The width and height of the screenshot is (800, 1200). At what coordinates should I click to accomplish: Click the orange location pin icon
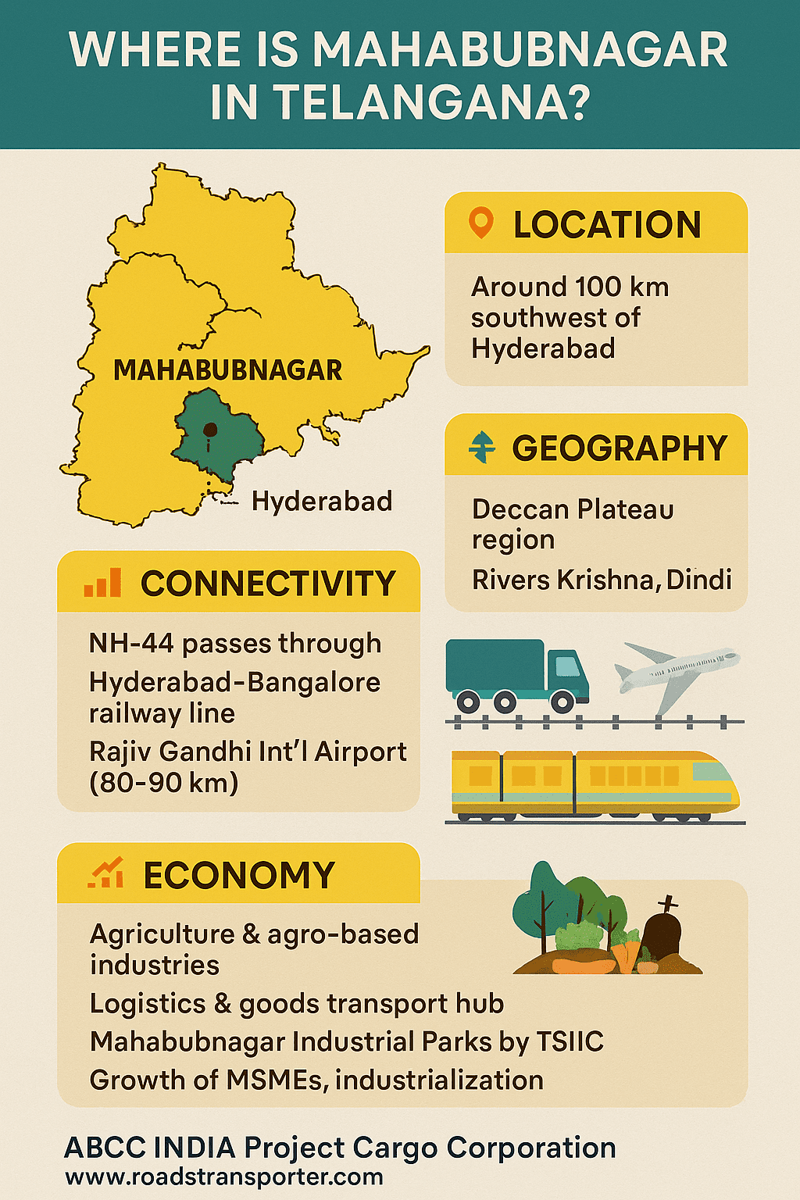pos(480,223)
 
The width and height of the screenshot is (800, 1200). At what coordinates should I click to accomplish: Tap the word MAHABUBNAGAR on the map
pos(227,370)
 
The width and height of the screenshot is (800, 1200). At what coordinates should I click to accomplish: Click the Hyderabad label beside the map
pos(321,501)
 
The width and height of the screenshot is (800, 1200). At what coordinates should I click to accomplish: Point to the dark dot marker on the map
pos(209,429)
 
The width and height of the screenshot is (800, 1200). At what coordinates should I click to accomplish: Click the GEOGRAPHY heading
pos(620,448)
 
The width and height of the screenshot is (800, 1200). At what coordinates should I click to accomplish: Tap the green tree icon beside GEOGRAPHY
pos(481,448)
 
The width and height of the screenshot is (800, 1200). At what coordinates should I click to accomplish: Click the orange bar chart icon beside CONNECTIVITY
pos(103,583)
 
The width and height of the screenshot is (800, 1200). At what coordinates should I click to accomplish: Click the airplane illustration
pos(677,671)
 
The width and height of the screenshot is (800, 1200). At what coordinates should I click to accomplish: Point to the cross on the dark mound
pos(668,905)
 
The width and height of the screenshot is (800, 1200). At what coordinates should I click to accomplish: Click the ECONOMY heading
pos(239,875)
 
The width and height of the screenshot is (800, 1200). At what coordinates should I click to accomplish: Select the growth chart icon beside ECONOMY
pos(105,873)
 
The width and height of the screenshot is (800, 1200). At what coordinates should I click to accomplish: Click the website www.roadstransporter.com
pos(224,1177)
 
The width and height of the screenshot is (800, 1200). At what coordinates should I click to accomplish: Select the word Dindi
pos(699,580)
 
